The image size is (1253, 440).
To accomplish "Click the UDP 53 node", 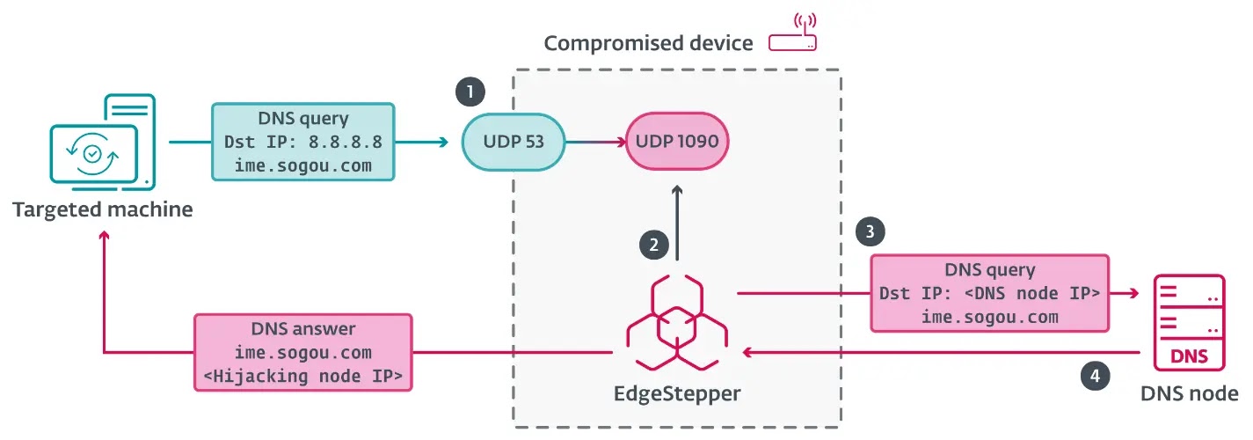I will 514,141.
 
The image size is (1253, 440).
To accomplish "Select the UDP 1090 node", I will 676,141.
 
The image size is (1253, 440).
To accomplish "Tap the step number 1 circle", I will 470,91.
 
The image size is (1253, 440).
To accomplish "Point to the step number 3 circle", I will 870,231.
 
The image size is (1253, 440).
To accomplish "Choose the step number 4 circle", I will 1094,376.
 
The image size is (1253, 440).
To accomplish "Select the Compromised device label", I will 648,42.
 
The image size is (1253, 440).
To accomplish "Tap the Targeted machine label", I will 102,209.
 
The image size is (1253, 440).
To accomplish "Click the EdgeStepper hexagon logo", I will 676,321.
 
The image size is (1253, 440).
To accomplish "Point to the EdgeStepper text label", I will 676,393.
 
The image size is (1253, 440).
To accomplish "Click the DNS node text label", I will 1189,393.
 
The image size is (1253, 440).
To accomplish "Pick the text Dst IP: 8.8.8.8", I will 303,142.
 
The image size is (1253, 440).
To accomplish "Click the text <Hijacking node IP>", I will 303,376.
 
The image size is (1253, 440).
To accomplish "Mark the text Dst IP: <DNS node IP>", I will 989,294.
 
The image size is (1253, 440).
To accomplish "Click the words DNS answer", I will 303,329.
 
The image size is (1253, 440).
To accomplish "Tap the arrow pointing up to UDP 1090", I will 676,220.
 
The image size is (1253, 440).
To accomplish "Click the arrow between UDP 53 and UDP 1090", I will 595,141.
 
